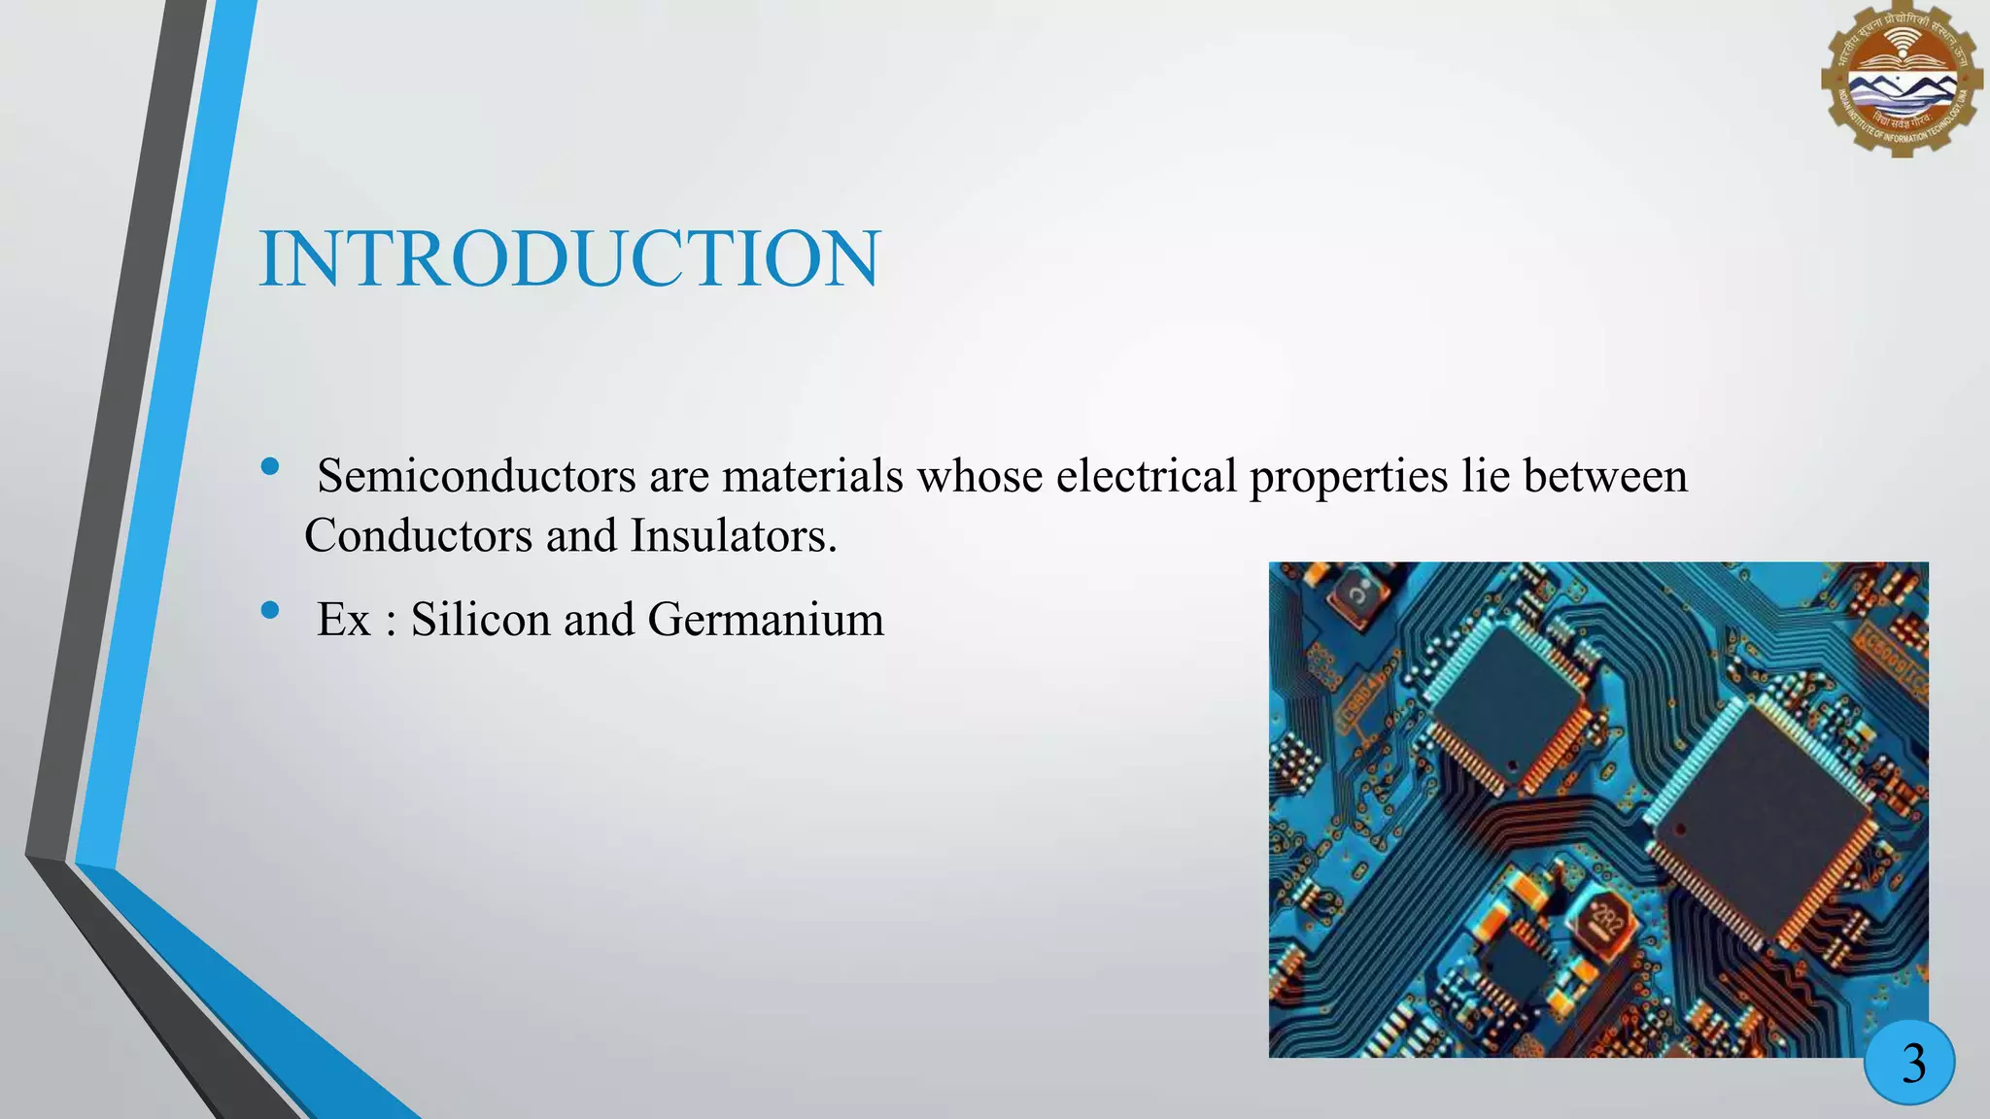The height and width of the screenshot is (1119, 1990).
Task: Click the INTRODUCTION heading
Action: (569, 259)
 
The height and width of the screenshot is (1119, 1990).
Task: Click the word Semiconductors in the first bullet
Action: (476, 476)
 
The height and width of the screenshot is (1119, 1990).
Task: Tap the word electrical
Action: (1146, 476)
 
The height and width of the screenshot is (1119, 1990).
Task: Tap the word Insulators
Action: (733, 535)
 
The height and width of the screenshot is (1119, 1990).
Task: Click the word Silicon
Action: (480, 619)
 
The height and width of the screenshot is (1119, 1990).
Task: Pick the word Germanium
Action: (766, 619)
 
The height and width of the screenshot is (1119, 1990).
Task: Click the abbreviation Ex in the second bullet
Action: (344, 620)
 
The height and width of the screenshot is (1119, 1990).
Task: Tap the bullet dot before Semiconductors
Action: (270, 467)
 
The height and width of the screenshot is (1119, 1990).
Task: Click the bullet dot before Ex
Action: (270, 610)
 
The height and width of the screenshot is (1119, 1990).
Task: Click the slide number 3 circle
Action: (1909, 1063)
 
